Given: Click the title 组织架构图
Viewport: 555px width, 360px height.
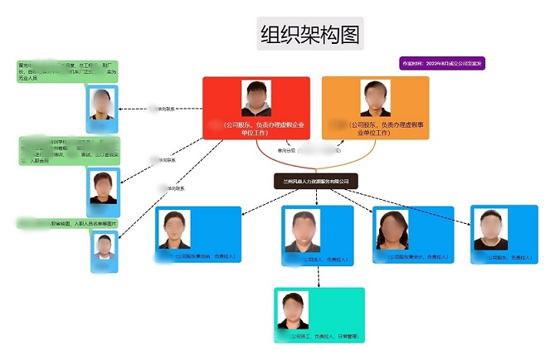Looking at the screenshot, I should pyautogui.click(x=309, y=34).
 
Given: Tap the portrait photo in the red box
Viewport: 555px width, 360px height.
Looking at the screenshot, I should pyautogui.click(x=256, y=99).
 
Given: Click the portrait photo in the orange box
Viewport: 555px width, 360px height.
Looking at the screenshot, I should pyautogui.click(x=377, y=98).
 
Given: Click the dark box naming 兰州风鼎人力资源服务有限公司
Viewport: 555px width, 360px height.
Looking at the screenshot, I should pyautogui.click(x=315, y=180).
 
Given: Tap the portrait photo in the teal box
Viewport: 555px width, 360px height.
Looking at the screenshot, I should pyautogui.click(x=295, y=312).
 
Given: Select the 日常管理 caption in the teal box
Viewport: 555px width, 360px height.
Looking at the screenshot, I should pyautogui.click(x=319, y=337).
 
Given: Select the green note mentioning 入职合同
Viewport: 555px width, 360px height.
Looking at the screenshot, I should pyautogui.click(x=70, y=150).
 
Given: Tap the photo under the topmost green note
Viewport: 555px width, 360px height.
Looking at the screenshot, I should pyautogui.click(x=104, y=105).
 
